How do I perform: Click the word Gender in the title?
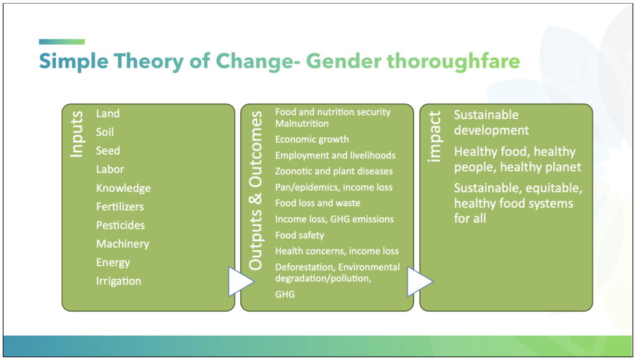click(x=343, y=61)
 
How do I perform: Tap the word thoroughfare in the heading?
click(x=453, y=61)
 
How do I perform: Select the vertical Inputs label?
click(x=76, y=134)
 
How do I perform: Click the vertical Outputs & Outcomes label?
click(x=255, y=191)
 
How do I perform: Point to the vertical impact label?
click(x=434, y=137)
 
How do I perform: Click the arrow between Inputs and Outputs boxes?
click(x=241, y=281)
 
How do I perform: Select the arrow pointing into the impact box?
click(x=420, y=281)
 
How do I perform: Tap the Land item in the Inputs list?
click(x=108, y=114)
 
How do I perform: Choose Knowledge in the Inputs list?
click(x=124, y=188)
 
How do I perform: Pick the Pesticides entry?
click(x=120, y=225)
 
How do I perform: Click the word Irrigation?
click(x=119, y=281)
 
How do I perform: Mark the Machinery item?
click(x=122, y=244)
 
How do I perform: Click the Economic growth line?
click(x=312, y=140)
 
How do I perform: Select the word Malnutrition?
click(x=302, y=124)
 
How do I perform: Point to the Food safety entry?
click(x=300, y=235)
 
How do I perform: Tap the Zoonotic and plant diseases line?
click(x=334, y=171)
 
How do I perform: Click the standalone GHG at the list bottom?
click(x=285, y=294)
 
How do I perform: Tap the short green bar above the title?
click(x=62, y=42)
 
